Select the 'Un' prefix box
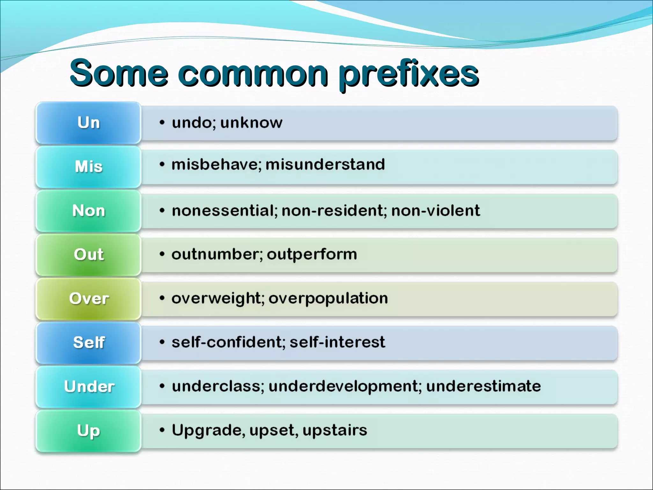89,123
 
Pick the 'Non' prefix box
89,211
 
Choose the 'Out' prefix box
89,255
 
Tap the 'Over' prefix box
89,299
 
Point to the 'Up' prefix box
89,431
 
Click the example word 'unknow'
251,123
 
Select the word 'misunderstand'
325,165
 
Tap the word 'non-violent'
435,211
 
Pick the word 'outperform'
312,255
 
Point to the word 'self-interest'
337,342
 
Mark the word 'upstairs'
334,430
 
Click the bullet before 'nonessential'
162,211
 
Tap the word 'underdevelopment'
343,386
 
